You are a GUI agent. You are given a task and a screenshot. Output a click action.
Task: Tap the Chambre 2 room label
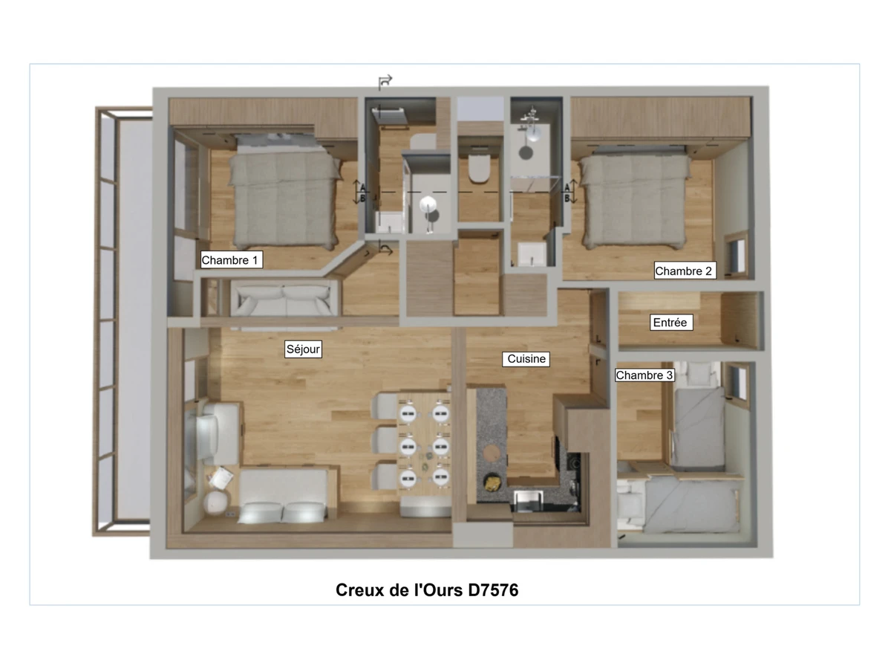[x=685, y=271]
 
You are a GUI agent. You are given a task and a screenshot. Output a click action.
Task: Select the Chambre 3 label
[x=644, y=375]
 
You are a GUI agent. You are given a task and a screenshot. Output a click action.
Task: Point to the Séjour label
[x=303, y=349]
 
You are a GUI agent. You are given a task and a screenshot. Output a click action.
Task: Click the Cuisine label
[x=526, y=359]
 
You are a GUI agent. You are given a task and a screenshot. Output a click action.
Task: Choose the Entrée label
[x=671, y=323]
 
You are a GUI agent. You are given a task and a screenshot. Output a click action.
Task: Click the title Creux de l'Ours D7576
[x=427, y=590]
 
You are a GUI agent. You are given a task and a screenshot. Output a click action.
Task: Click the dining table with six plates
[x=423, y=443]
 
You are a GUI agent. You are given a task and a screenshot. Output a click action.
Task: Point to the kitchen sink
[x=529, y=501]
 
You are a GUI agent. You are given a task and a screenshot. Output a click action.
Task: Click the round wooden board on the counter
[x=493, y=453]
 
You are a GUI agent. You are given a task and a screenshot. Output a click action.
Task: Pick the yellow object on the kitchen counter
[x=493, y=483]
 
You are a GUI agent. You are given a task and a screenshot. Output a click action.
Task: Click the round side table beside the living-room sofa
[x=215, y=503]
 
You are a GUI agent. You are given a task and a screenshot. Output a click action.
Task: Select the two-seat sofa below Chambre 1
[x=284, y=300]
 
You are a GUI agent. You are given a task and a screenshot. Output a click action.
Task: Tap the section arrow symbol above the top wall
[x=385, y=83]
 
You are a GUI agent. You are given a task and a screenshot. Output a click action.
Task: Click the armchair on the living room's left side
[x=215, y=433]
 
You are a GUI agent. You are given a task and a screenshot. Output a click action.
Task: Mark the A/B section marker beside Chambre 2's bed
[x=570, y=191]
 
